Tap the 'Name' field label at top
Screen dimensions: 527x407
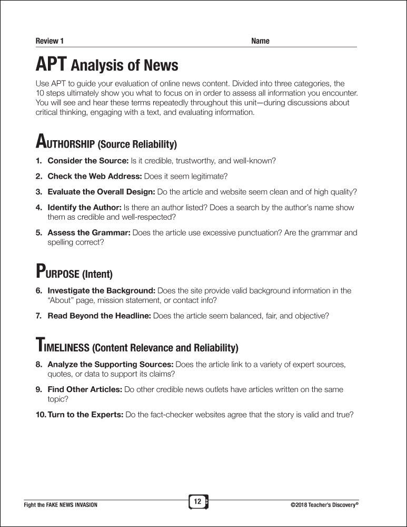click(x=260, y=41)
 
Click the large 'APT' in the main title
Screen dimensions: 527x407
click(x=51, y=65)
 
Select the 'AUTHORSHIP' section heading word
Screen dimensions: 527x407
click(x=65, y=143)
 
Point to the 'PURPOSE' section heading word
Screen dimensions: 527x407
click(x=57, y=273)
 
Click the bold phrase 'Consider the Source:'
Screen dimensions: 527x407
click(x=88, y=160)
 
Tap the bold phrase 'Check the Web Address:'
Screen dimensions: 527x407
click(x=94, y=176)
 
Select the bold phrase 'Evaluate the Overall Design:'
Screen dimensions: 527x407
click(x=101, y=192)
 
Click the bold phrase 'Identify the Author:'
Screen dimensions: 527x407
click(x=84, y=208)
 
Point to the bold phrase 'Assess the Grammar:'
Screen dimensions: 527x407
click(x=88, y=232)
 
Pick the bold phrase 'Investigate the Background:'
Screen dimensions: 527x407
click(x=101, y=290)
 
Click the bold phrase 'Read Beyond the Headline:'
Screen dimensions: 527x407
click(x=99, y=316)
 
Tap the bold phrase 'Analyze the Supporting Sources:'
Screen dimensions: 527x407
click(x=110, y=364)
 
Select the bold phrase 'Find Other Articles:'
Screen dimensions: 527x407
click(x=85, y=389)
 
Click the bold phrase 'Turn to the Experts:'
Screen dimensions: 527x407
click(x=85, y=414)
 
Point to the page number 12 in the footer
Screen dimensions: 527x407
click(x=197, y=502)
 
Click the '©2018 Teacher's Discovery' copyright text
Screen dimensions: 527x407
click(x=324, y=505)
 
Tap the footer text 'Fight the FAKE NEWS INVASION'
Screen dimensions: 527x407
click(x=61, y=505)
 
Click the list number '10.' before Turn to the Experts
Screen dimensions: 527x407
click(x=41, y=414)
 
